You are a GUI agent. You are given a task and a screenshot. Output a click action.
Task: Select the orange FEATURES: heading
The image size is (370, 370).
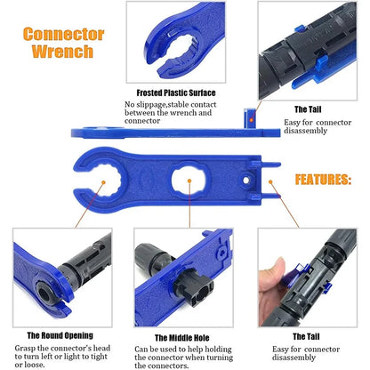point(322,179)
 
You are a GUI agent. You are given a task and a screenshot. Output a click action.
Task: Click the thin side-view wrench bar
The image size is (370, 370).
point(160,133)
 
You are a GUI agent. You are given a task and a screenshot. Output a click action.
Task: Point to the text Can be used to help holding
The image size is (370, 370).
point(182,351)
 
